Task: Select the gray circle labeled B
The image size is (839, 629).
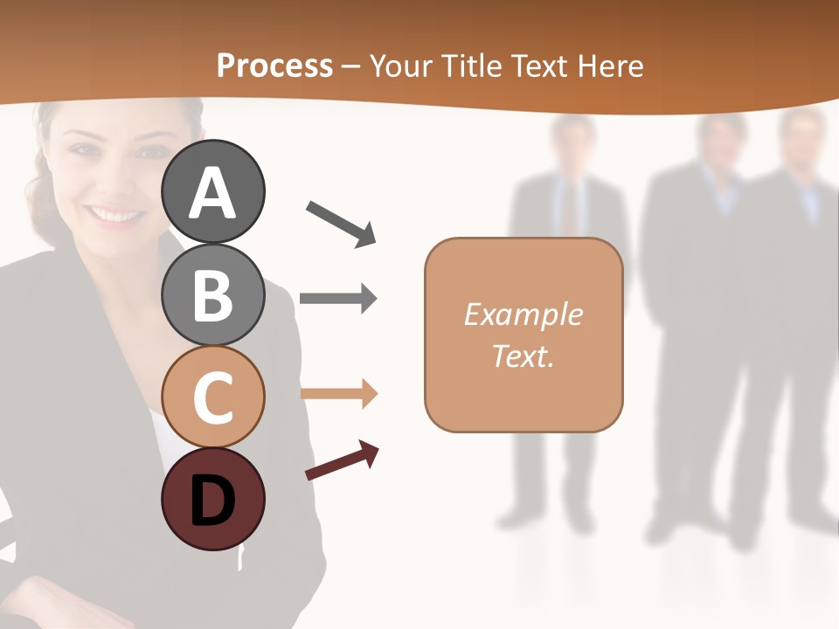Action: [x=212, y=294]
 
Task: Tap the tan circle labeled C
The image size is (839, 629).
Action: [x=212, y=397]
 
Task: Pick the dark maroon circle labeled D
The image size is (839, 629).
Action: [x=212, y=499]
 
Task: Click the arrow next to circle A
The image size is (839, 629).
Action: [x=341, y=223]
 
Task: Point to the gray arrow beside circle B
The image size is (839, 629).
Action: [x=338, y=299]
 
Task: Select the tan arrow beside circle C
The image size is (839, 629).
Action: [x=338, y=393]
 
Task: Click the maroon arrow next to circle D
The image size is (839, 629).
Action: [x=342, y=461]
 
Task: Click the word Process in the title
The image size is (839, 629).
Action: [x=274, y=66]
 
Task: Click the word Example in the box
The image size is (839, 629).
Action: [x=523, y=314]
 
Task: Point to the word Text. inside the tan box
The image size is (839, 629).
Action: [x=523, y=356]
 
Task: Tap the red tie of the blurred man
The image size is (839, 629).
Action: [x=570, y=210]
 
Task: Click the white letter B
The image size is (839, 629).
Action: [x=212, y=295]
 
